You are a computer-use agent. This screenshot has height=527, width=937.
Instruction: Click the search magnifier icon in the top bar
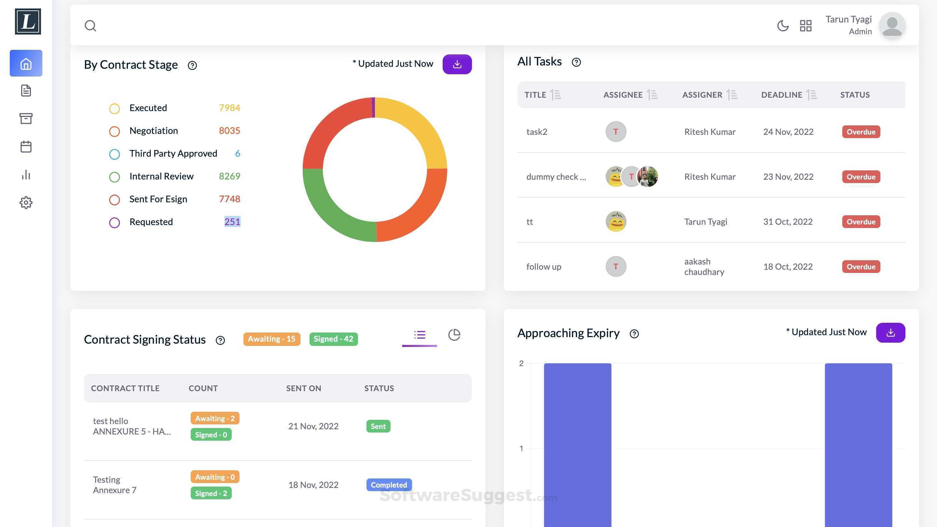pos(90,25)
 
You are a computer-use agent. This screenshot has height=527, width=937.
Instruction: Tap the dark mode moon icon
pos(783,25)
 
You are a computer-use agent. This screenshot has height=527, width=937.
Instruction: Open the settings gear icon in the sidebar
pos(26,203)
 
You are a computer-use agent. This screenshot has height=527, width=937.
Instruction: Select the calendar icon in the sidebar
pos(26,147)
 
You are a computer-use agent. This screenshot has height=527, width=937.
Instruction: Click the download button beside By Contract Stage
pos(457,64)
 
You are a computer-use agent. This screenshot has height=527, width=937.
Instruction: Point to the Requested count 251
pos(232,221)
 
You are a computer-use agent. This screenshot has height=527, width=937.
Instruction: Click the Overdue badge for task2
pos(861,132)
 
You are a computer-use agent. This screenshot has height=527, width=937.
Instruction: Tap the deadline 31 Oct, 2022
pos(788,221)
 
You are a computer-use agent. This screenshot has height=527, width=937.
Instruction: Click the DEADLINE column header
pos(782,95)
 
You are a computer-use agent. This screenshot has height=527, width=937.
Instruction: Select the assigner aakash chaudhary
pos(704,266)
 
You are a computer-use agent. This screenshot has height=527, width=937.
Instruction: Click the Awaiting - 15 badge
pos(271,339)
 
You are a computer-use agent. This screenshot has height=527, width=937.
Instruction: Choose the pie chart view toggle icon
pos(454,335)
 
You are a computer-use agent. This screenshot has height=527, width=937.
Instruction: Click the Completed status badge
pos(389,485)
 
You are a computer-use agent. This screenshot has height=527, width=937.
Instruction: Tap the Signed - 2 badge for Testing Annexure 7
pos(211,493)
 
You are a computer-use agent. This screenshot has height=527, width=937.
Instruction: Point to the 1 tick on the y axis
pos(521,449)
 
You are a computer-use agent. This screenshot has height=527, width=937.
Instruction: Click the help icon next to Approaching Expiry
pos(634,334)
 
